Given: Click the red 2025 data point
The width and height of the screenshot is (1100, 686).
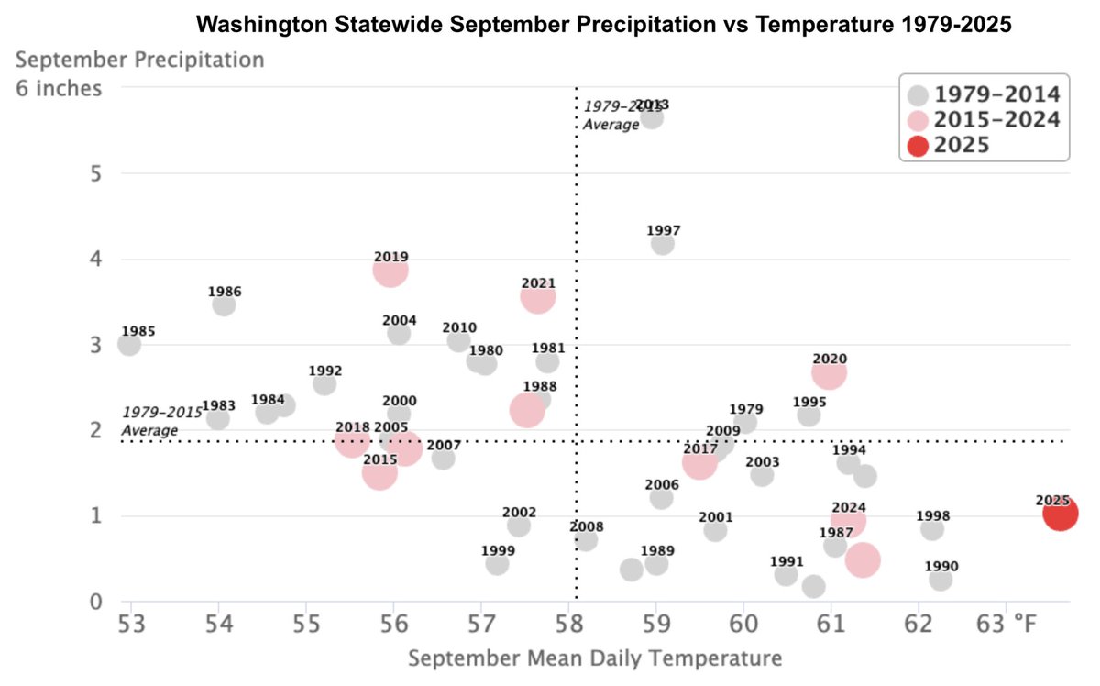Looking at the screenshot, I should (1060, 514).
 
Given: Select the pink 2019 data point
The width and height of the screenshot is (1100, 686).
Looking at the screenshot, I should (390, 271).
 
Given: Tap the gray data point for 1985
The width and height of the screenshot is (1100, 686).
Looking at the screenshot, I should (129, 345).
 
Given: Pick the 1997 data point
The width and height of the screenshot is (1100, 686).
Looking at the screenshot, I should (662, 244).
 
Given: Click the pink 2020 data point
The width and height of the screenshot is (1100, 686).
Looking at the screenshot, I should (829, 373).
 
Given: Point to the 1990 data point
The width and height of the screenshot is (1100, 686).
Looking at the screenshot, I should (940, 580).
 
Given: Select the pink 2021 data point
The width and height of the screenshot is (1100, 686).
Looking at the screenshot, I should (538, 297).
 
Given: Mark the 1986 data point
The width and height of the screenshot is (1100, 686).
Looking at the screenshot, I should (224, 305).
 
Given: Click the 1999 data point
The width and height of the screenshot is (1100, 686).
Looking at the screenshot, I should (497, 564).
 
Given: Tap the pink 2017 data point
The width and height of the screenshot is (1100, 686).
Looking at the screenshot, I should (698, 464).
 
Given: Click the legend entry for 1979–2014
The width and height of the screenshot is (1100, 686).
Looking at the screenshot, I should (984, 94).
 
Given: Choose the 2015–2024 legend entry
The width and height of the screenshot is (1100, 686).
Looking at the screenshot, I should (984, 120).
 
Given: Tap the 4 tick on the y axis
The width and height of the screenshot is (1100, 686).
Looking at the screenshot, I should (96, 260).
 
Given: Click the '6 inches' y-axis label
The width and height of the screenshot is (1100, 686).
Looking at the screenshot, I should (60, 90).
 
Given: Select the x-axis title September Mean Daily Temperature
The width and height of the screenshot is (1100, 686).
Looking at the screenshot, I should (595, 658).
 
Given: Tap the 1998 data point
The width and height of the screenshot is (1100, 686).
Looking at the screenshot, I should (932, 529).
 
